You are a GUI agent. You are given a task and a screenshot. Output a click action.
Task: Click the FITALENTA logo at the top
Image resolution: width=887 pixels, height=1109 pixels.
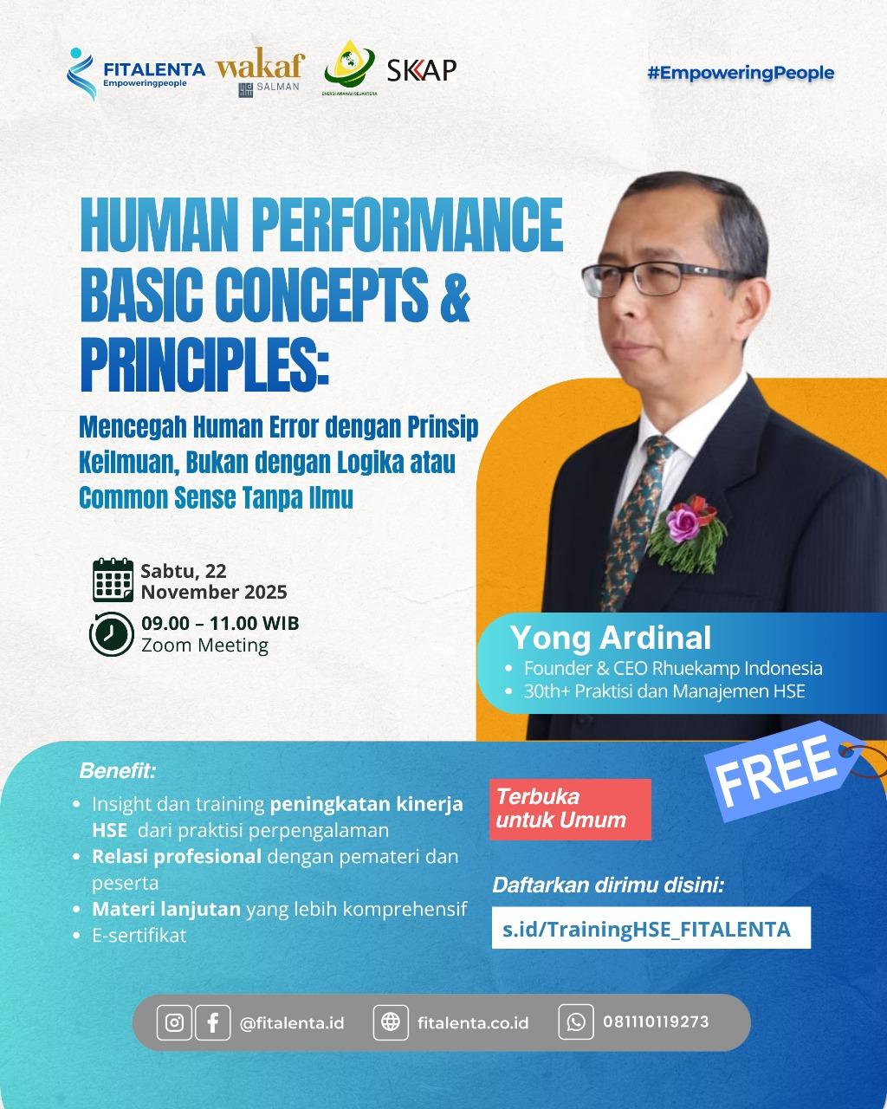[135, 73]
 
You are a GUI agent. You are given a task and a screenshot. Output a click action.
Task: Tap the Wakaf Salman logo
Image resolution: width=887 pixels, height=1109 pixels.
[260, 74]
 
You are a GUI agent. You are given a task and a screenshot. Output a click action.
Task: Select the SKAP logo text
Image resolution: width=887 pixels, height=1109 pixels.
[421, 70]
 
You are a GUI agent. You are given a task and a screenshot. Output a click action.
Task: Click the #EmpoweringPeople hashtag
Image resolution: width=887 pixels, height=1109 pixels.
[740, 73]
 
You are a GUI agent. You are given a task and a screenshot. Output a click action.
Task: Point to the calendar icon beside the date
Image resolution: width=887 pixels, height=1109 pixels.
[113, 580]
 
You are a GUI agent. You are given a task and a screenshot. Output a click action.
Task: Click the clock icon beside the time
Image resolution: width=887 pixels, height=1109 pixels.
[111, 633]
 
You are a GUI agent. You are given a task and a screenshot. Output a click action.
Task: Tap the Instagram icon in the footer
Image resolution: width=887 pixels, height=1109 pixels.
[174, 1022]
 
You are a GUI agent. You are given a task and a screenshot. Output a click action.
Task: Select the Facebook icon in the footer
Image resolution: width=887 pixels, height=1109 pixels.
[212, 1022]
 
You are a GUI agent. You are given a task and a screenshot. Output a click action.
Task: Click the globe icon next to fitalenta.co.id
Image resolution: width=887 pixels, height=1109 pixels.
[391, 1022]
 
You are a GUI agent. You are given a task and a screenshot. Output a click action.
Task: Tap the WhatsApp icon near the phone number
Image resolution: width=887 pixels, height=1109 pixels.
[576, 1022]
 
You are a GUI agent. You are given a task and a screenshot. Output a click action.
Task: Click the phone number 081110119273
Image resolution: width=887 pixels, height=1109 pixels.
[656, 1022]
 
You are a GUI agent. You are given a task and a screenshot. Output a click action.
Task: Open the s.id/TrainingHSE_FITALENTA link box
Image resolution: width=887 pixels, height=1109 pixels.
[651, 929]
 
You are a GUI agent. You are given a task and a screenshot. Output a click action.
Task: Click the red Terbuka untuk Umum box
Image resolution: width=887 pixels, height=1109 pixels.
[569, 809]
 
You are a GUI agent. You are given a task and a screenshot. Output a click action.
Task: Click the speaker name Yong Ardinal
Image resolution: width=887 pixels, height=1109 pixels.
[611, 638]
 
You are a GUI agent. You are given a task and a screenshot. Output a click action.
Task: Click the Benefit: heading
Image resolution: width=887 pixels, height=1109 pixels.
[118, 770]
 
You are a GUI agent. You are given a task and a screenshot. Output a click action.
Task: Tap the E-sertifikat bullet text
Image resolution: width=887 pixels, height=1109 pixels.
[139, 935]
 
